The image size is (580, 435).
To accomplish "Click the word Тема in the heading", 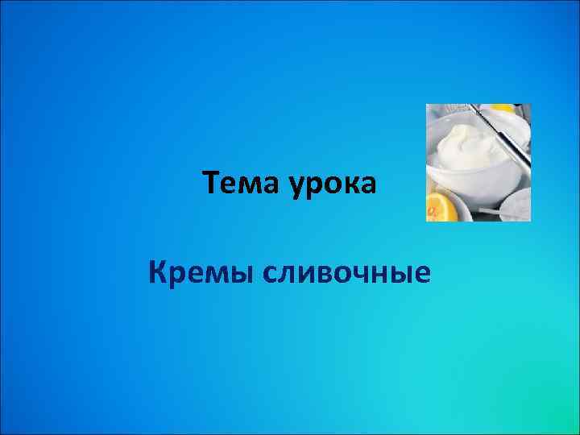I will click(x=237, y=185).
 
